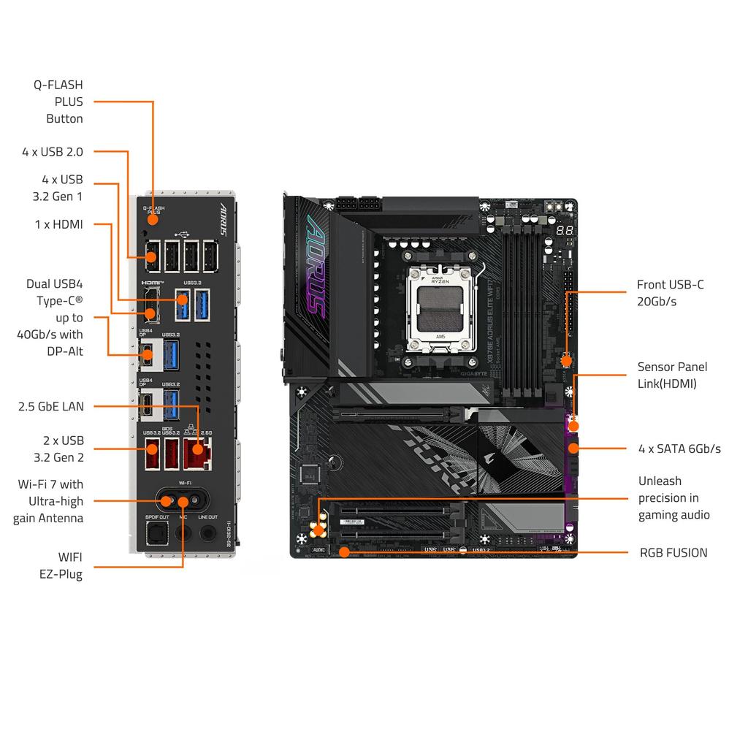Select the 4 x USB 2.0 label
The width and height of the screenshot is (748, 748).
[52, 152]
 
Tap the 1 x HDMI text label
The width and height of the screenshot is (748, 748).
[58, 224]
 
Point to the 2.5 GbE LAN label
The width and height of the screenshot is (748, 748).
[51, 406]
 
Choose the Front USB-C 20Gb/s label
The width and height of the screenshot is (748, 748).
[670, 293]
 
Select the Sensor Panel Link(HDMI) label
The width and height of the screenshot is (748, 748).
[671, 375]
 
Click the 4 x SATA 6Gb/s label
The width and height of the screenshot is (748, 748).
[679, 449]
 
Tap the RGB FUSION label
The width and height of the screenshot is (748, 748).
[673, 552]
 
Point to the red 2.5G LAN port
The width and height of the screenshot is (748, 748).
[196, 453]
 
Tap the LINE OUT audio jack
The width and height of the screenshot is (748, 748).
[208, 533]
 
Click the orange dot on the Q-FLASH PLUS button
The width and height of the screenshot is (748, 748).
[153, 219]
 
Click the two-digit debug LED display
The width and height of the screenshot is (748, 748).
[562, 230]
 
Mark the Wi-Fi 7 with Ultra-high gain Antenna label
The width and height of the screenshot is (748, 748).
[50, 501]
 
